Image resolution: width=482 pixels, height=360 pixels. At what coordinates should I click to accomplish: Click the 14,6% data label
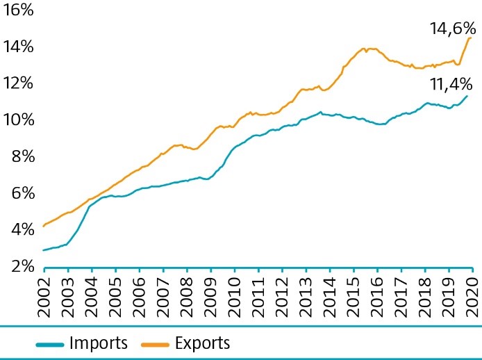tap(451, 28)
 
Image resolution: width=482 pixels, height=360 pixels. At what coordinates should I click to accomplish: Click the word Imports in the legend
tap(99, 343)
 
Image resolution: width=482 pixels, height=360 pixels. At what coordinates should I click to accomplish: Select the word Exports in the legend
tap(202, 343)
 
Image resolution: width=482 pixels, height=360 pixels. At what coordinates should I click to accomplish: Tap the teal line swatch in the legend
tap(50, 343)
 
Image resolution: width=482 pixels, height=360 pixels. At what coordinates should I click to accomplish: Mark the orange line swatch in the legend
tap(154, 343)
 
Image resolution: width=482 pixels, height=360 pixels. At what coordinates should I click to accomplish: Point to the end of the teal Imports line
tap(467, 95)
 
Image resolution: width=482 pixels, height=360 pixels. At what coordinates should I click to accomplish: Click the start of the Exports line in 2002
tap(43, 226)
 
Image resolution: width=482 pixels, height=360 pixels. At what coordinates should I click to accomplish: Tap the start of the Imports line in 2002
tap(43, 250)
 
